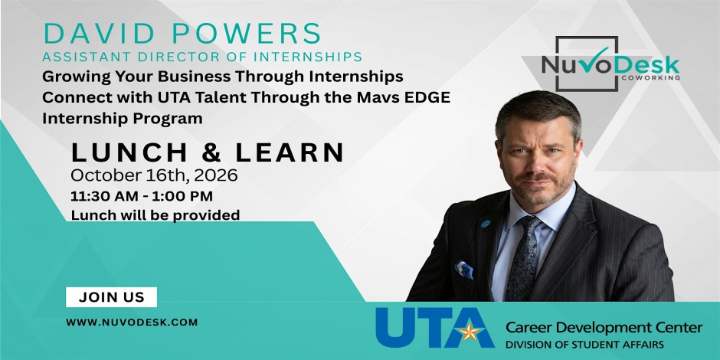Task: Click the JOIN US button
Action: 111,297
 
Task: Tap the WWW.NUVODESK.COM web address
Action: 132,322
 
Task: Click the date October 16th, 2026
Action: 154,175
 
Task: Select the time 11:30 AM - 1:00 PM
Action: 142,196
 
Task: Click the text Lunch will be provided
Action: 155,214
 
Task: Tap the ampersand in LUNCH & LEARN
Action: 211,152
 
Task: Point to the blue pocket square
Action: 464,270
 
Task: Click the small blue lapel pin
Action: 486,224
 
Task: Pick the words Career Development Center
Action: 604,328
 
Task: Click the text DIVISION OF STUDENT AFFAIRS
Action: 584,345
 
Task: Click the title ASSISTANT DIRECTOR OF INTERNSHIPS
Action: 202,57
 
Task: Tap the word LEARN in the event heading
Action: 290,152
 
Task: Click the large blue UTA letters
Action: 434,327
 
